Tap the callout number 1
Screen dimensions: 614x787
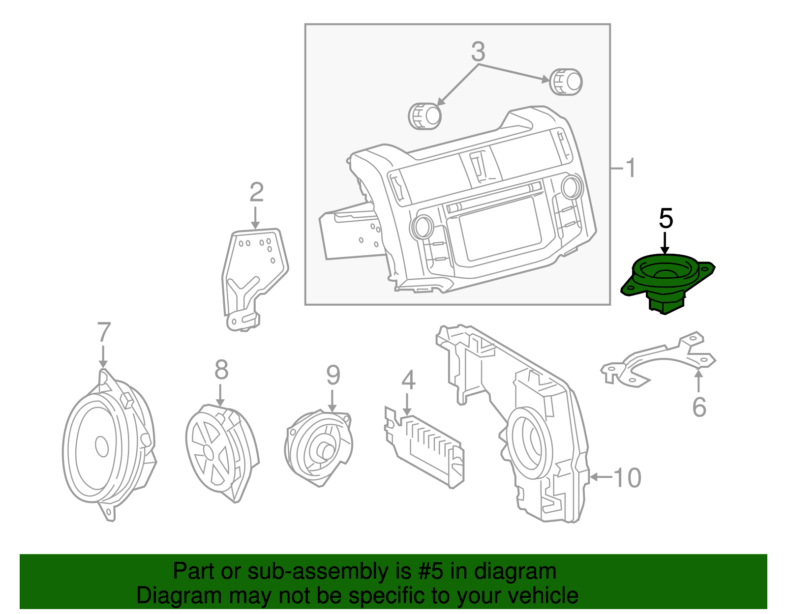click(630, 168)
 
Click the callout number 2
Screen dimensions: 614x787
click(256, 192)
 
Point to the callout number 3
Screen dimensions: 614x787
click(478, 51)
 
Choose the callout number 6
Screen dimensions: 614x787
click(699, 407)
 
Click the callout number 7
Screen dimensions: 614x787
click(104, 332)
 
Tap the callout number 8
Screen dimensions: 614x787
click(221, 370)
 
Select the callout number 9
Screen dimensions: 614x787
click(333, 376)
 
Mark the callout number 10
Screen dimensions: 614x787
click(627, 477)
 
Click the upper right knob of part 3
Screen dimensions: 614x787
click(567, 82)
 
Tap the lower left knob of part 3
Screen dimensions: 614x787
click(425, 116)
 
